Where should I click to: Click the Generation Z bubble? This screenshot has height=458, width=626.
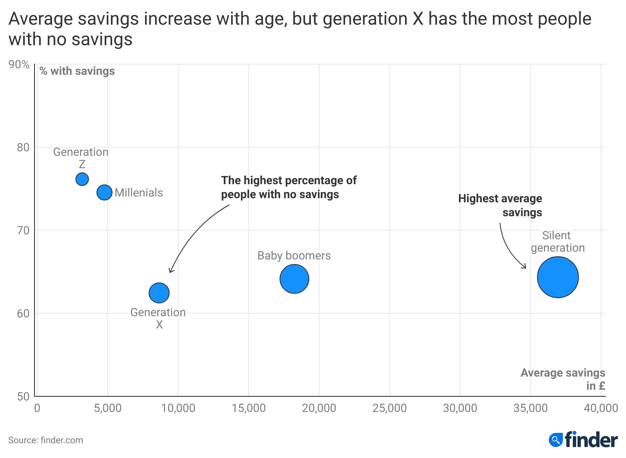pyautogui.click(x=82, y=179)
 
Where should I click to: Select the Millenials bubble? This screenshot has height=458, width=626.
pyautogui.click(x=104, y=192)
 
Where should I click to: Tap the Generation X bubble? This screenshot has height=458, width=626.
pyautogui.click(x=159, y=293)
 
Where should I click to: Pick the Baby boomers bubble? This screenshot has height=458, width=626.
pyautogui.click(x=294, y=279)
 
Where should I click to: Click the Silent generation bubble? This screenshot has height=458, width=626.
pyautogui.click(x=558, y=277)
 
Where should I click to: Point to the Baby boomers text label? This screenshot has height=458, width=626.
pyautogui.click(x=294, y=256)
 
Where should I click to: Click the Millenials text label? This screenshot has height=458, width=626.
pyautogui.click(x=138, y=193)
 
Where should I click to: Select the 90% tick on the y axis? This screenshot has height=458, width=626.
pyautogui.click(x=19, y=65)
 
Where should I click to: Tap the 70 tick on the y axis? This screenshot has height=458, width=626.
pyautogui.click(x=23, y=231)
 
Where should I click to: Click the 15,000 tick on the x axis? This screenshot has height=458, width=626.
pyautogui.click(x=249, y=408)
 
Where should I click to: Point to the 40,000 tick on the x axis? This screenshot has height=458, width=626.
pyautogui.click(x=601, y=408)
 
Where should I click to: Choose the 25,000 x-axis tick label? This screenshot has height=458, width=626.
pyautogui.click(x=389, y=408)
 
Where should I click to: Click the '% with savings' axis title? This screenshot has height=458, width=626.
pyautogui.click(x=77, y=71)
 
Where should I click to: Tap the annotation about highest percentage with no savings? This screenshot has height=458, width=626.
pyautogui.click(x=288, y=187)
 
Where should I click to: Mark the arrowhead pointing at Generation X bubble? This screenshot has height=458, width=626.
pyautogui.click(x=171, y=271)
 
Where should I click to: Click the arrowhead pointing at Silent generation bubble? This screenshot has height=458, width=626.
pyautogui.click(x=525, y=267)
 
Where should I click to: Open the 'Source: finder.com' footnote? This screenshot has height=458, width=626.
pyautogui.click(x=46, y=440)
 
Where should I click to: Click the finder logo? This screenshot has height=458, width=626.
pyautogui.click(x=583, y=440)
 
